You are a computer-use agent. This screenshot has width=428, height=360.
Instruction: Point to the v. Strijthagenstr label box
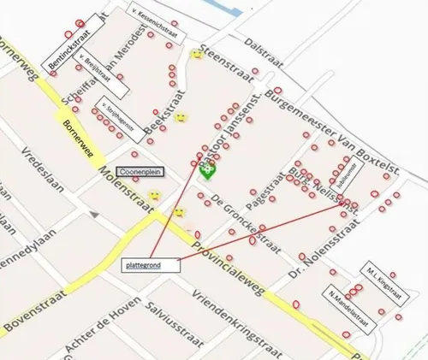(x=113, y=111)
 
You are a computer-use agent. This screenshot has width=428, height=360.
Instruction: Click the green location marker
(x=207, y=170)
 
